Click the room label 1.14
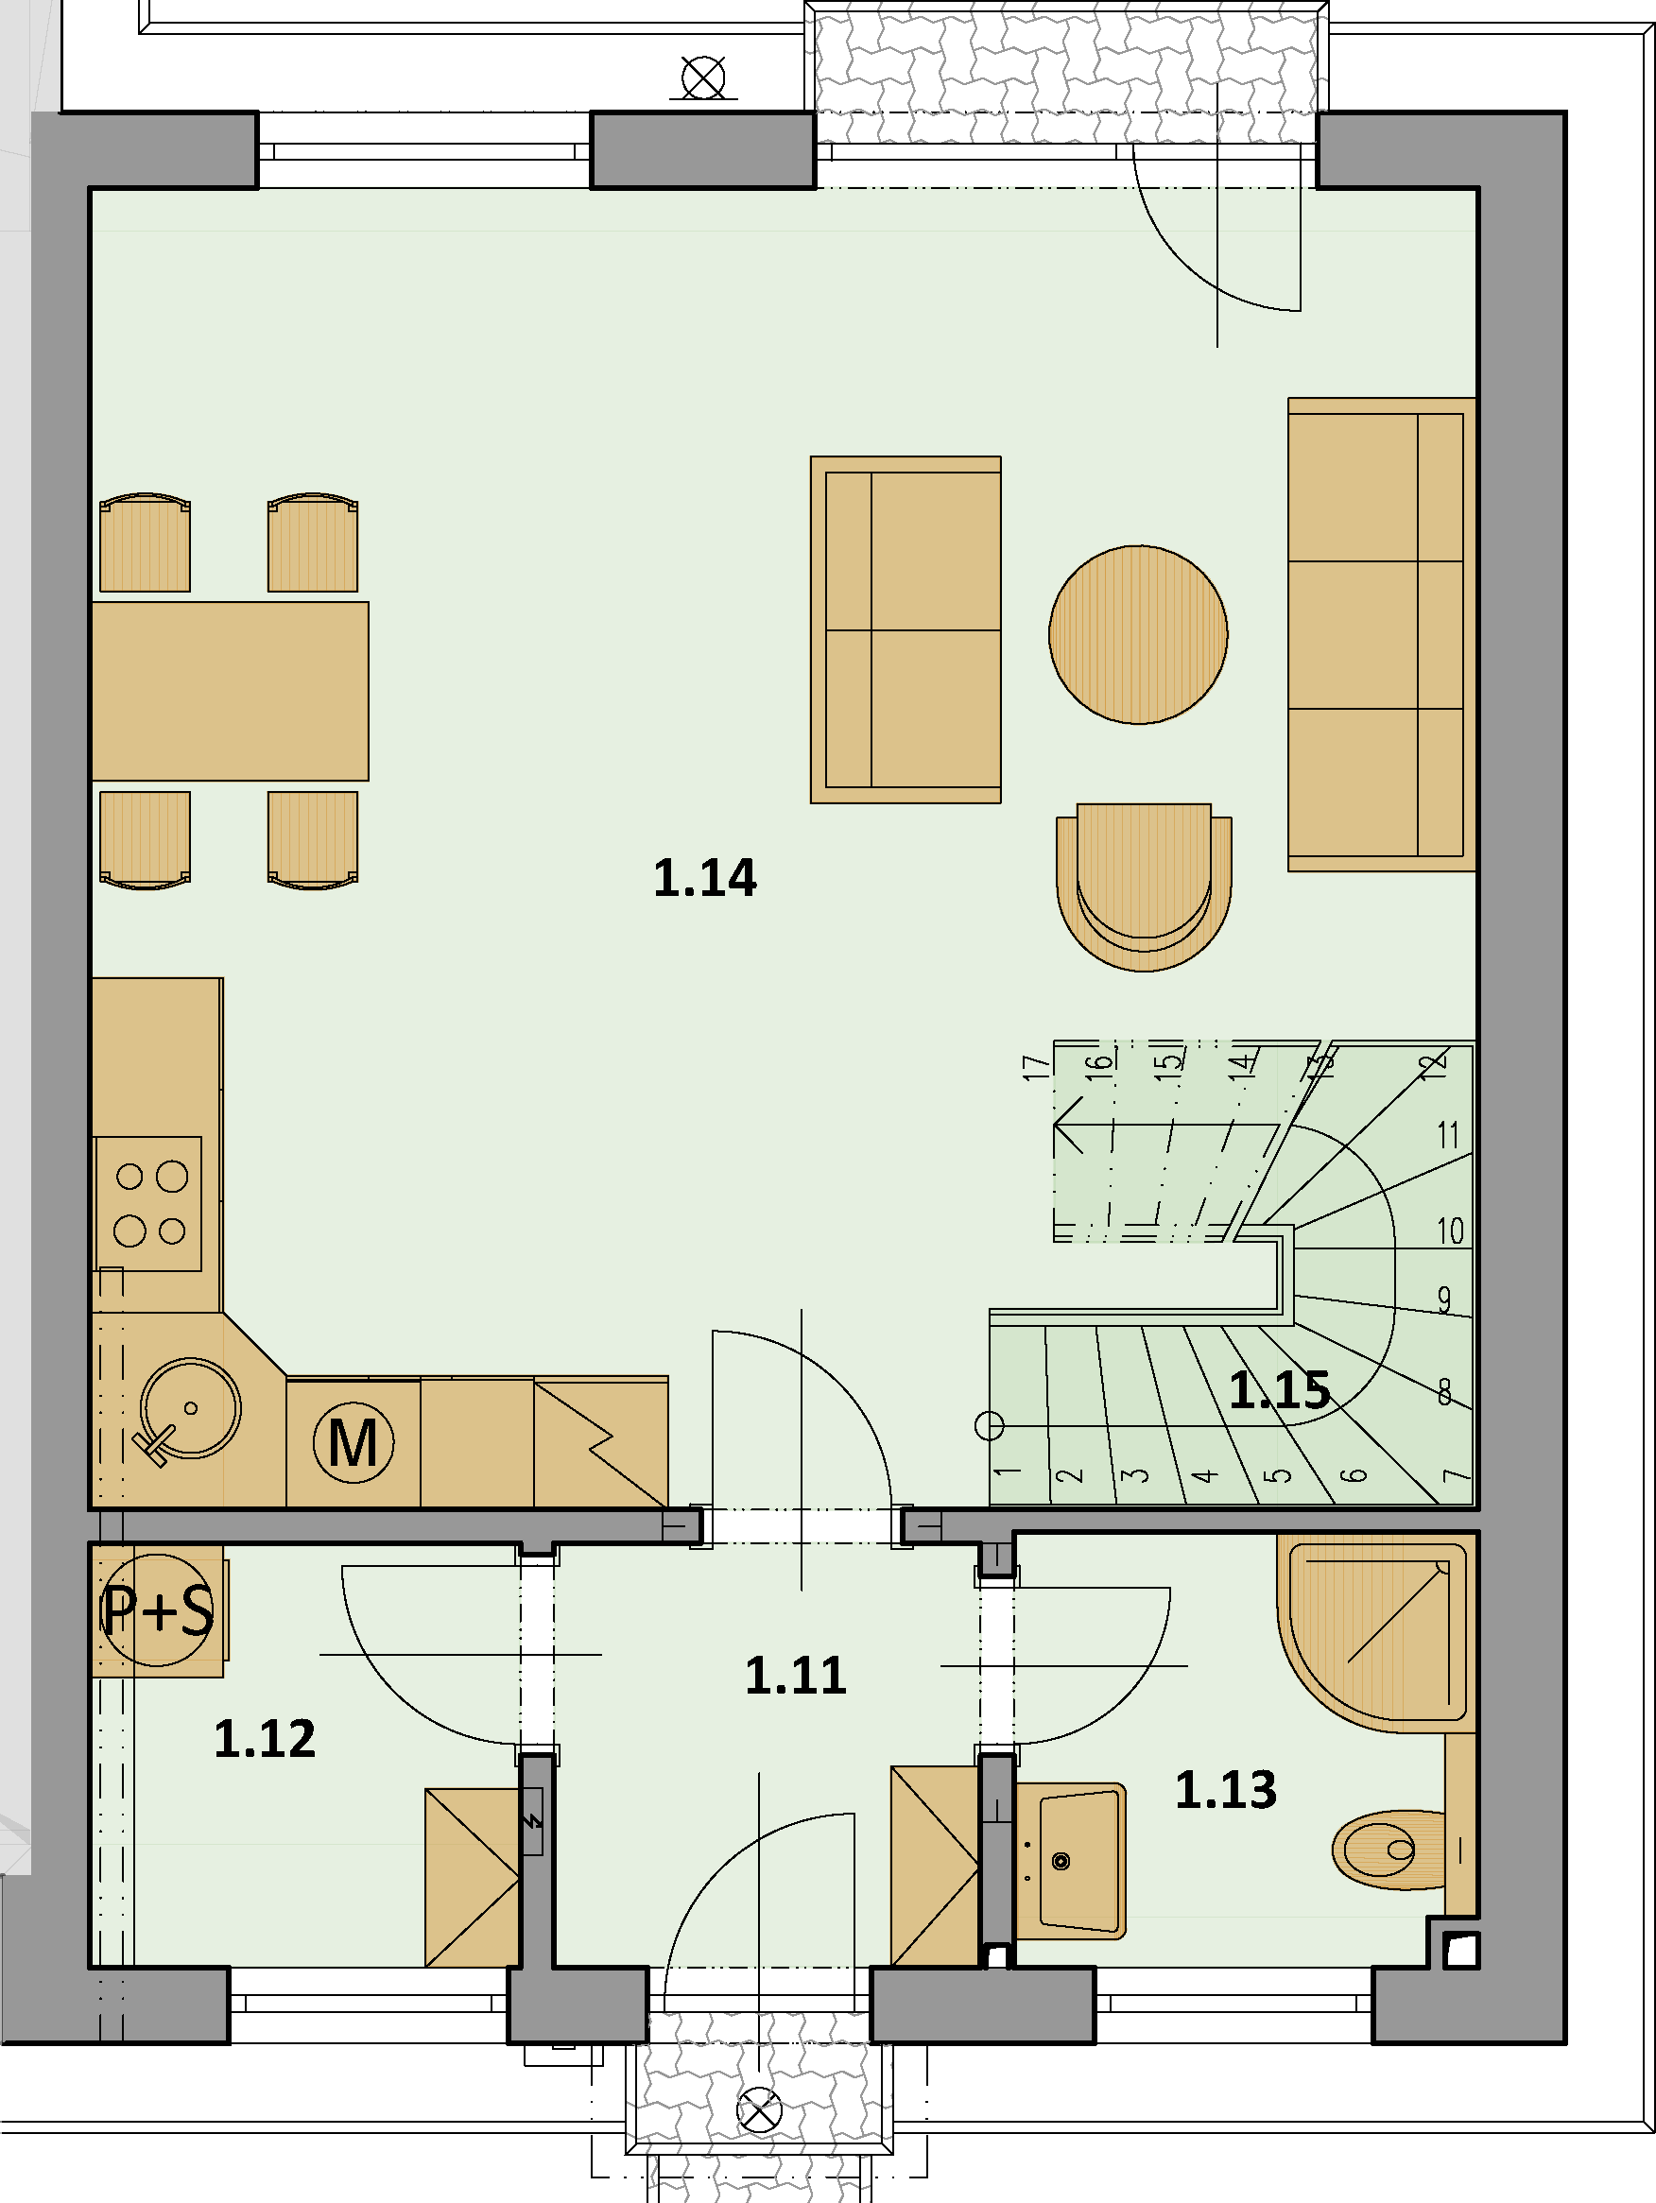coord(704,878)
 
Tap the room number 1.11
coord(796,1675)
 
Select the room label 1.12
coord(265,1739)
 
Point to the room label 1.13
coord(1226,1790)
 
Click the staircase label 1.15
coord(1280,1389)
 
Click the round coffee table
coord(1138,634)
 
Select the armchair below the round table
coord(1144,886)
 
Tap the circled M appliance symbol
coord(354,1442)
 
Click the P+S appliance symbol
coord(157,1609)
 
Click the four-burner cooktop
coord(148,1203)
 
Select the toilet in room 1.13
coord(1389,1850)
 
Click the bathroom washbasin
coord(1071,1860)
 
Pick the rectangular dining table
coord(230,691)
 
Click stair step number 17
coord(1036,1068)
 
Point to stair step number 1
coord(1007,1472)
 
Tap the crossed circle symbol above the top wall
coord(703,77)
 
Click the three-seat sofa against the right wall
coord(1381,635)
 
